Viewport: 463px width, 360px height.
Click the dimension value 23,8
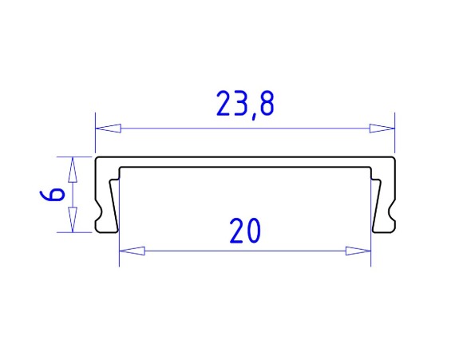point(245,105)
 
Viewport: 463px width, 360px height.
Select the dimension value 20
point(245,231)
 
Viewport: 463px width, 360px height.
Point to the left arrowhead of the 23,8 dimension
point(109,128)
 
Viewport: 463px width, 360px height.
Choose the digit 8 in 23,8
point(267,105)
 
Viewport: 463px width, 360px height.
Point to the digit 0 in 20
point(254,231)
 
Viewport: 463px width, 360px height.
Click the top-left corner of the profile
point(97,159)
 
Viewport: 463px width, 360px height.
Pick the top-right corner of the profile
point(394,159)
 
